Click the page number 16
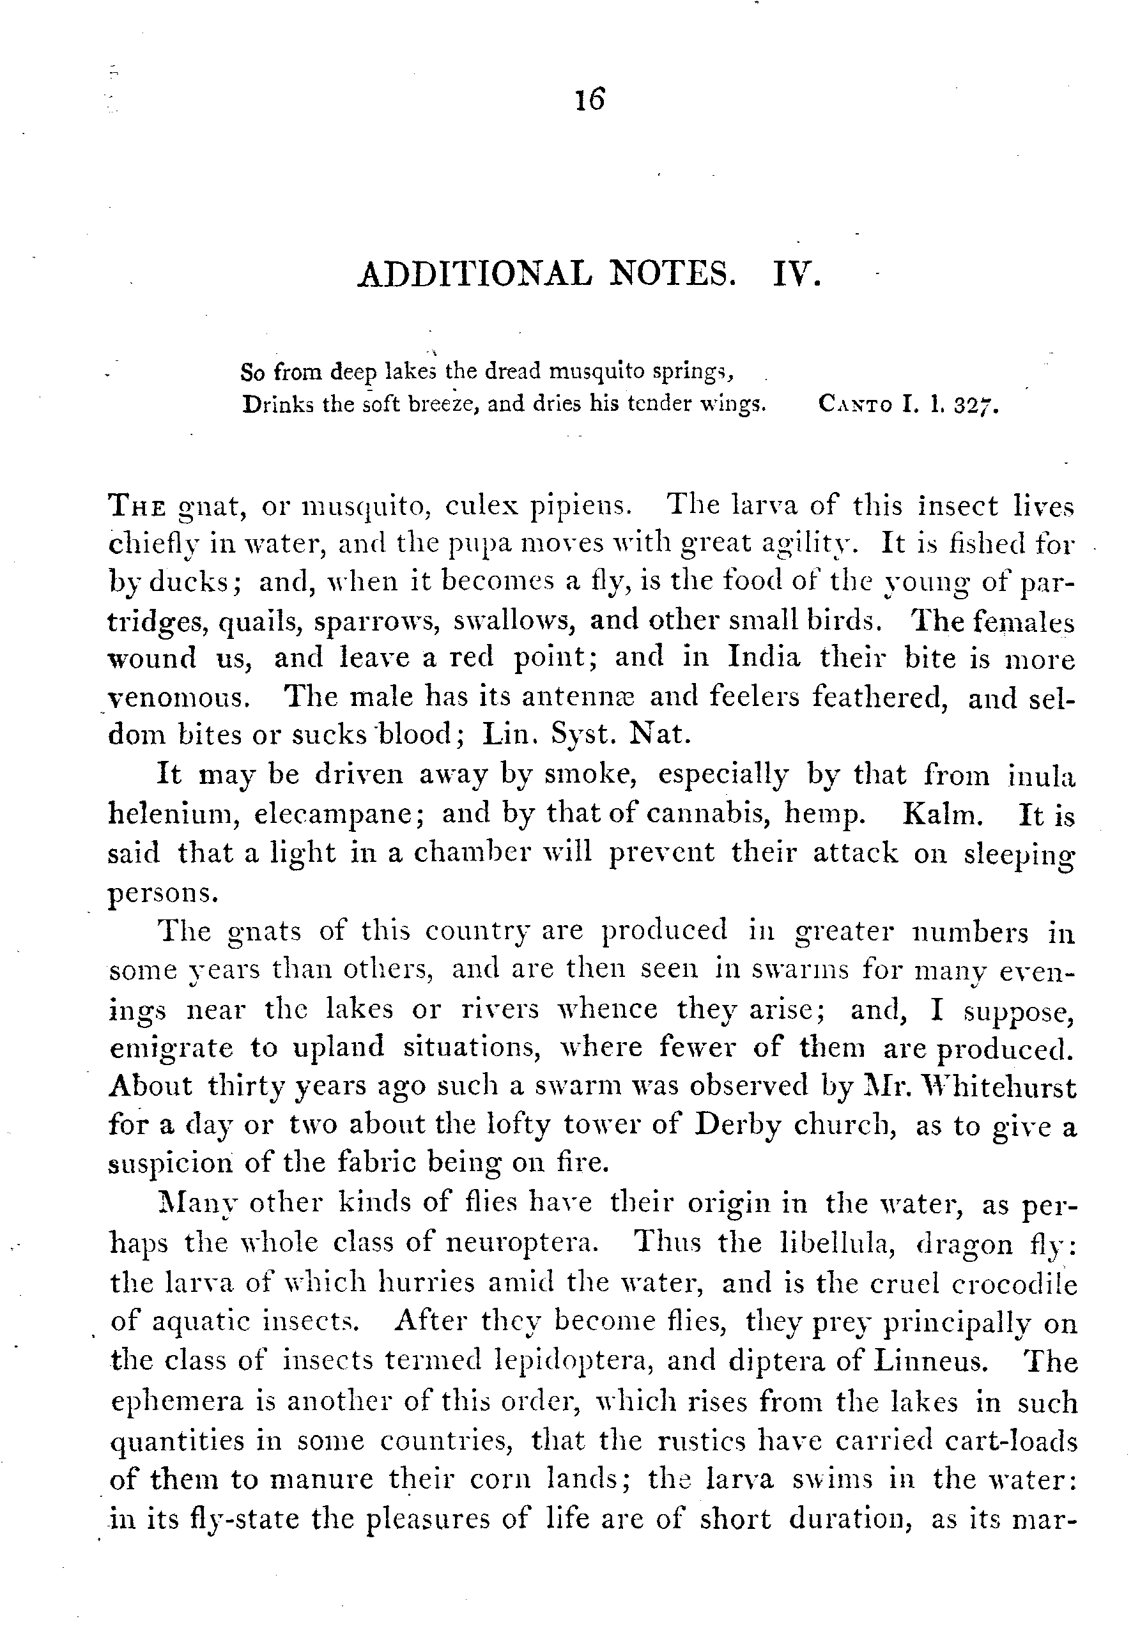590,99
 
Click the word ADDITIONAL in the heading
474,275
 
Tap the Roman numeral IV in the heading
798,275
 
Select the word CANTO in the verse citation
856,405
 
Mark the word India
764,657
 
